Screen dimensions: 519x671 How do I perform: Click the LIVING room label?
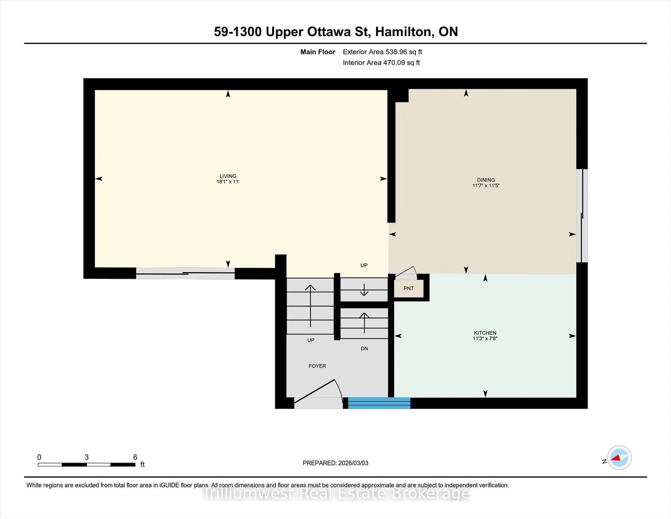[x=228, y=176]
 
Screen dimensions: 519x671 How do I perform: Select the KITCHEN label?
[x=485, y=333]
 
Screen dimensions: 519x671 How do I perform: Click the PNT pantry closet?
[x=408, y=288]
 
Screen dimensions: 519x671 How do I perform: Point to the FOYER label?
[x=317, y=366]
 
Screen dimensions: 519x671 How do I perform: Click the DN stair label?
[x=364, y=348]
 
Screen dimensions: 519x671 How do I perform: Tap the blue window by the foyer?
[x=379, y=403]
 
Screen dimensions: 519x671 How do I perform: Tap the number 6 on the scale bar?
[x=135, y=457]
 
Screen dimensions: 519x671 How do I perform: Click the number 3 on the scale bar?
[x=87, y=457]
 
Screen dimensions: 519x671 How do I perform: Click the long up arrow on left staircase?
[x=310, y=306]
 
